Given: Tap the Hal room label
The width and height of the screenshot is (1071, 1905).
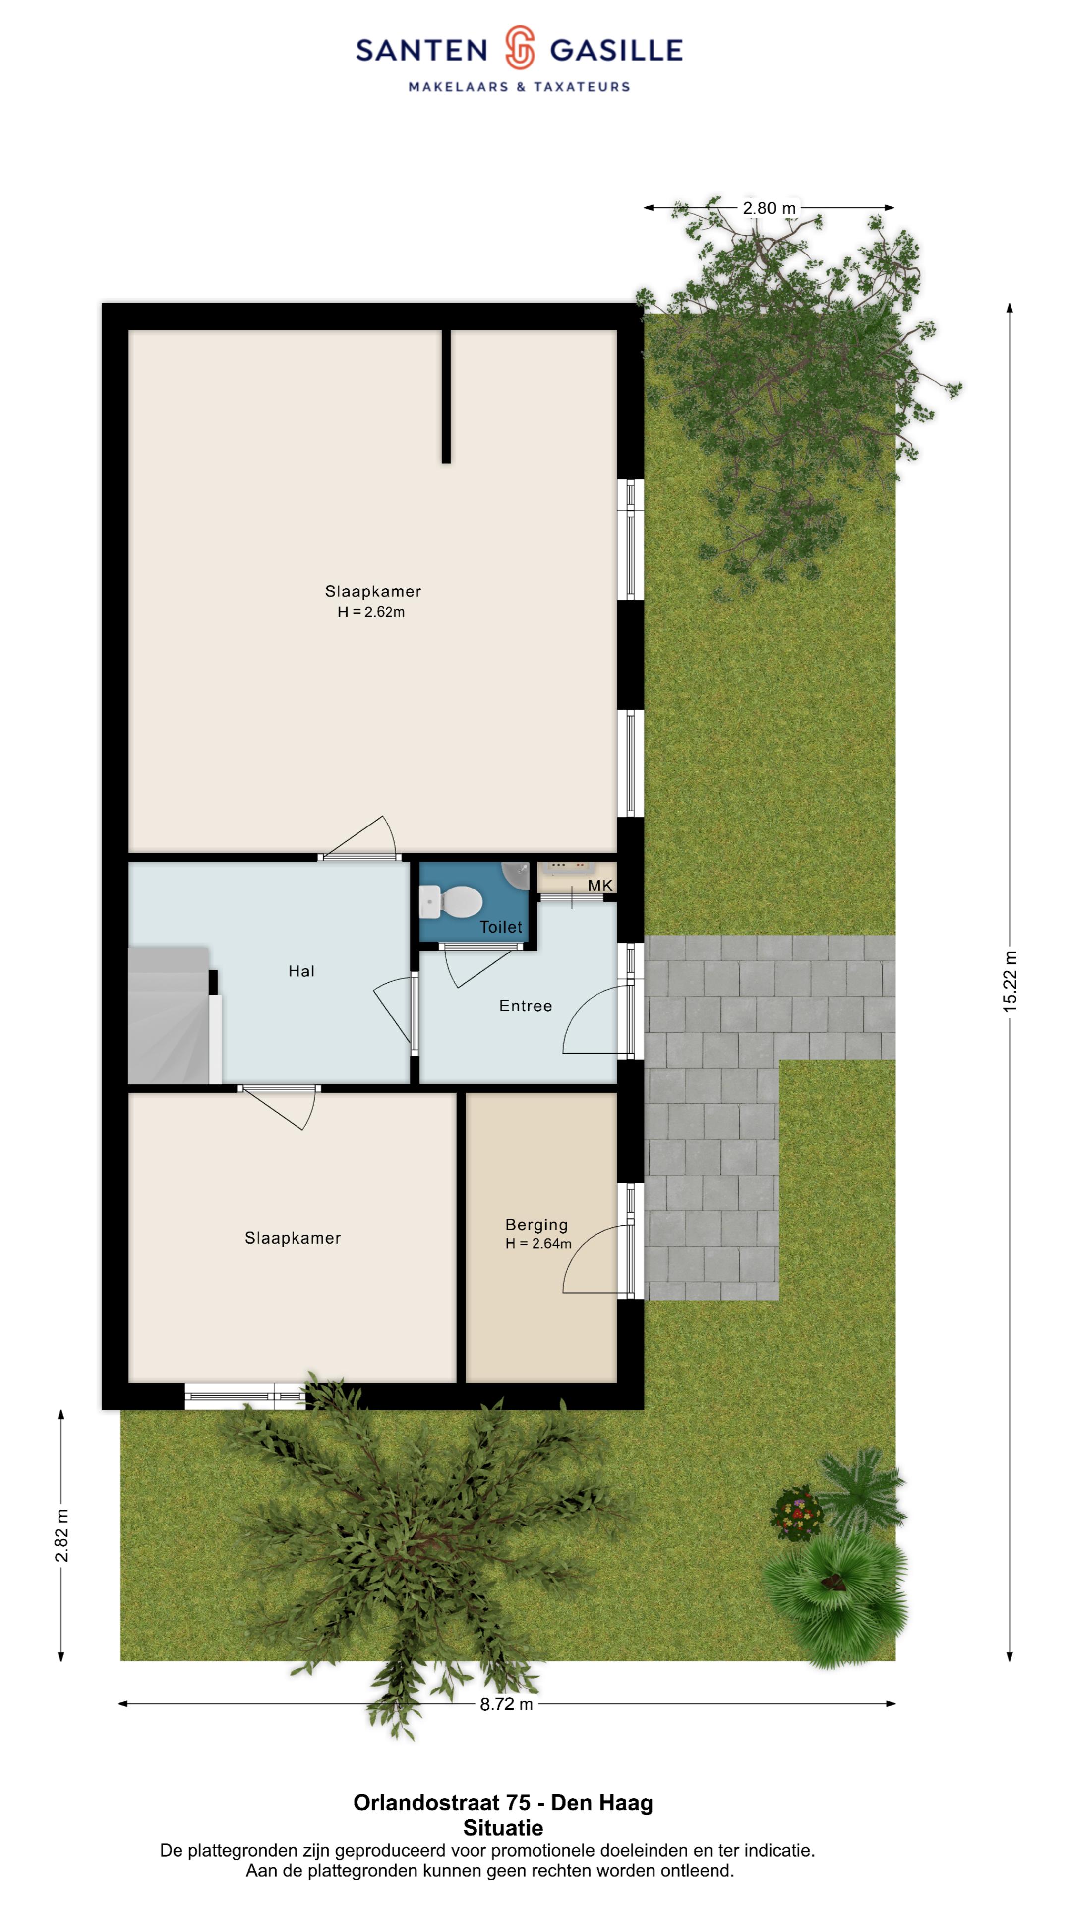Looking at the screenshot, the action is (x=301, y=971).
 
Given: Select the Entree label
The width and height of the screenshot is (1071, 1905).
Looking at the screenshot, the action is (x=526, y=1006).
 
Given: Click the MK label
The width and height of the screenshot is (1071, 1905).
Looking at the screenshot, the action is (x=600, y=885).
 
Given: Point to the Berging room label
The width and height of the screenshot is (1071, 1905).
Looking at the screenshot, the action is (x=536, y=1225).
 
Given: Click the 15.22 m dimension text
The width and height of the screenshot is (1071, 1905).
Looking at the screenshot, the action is (x=1010, y=981).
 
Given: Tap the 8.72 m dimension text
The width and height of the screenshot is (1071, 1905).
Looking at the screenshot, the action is (x=506, y=1704).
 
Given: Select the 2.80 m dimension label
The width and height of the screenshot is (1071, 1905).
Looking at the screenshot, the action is (x=770, y=208).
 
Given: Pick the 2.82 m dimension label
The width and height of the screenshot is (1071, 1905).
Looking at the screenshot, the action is (x=61, y=1536).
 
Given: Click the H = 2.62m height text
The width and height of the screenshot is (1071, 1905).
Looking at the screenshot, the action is (x=371, y=612).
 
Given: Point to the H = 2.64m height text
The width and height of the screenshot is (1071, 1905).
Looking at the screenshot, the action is (x=538, y=1244).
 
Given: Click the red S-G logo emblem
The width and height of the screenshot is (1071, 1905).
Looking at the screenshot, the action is (x=520, y=47).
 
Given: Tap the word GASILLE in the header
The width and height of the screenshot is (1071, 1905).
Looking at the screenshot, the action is (x=616, y=50).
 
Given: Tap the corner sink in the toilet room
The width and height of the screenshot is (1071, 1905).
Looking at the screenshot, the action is (x=517, y=876).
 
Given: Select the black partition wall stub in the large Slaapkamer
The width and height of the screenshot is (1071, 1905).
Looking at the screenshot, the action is (x=446, y=396).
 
